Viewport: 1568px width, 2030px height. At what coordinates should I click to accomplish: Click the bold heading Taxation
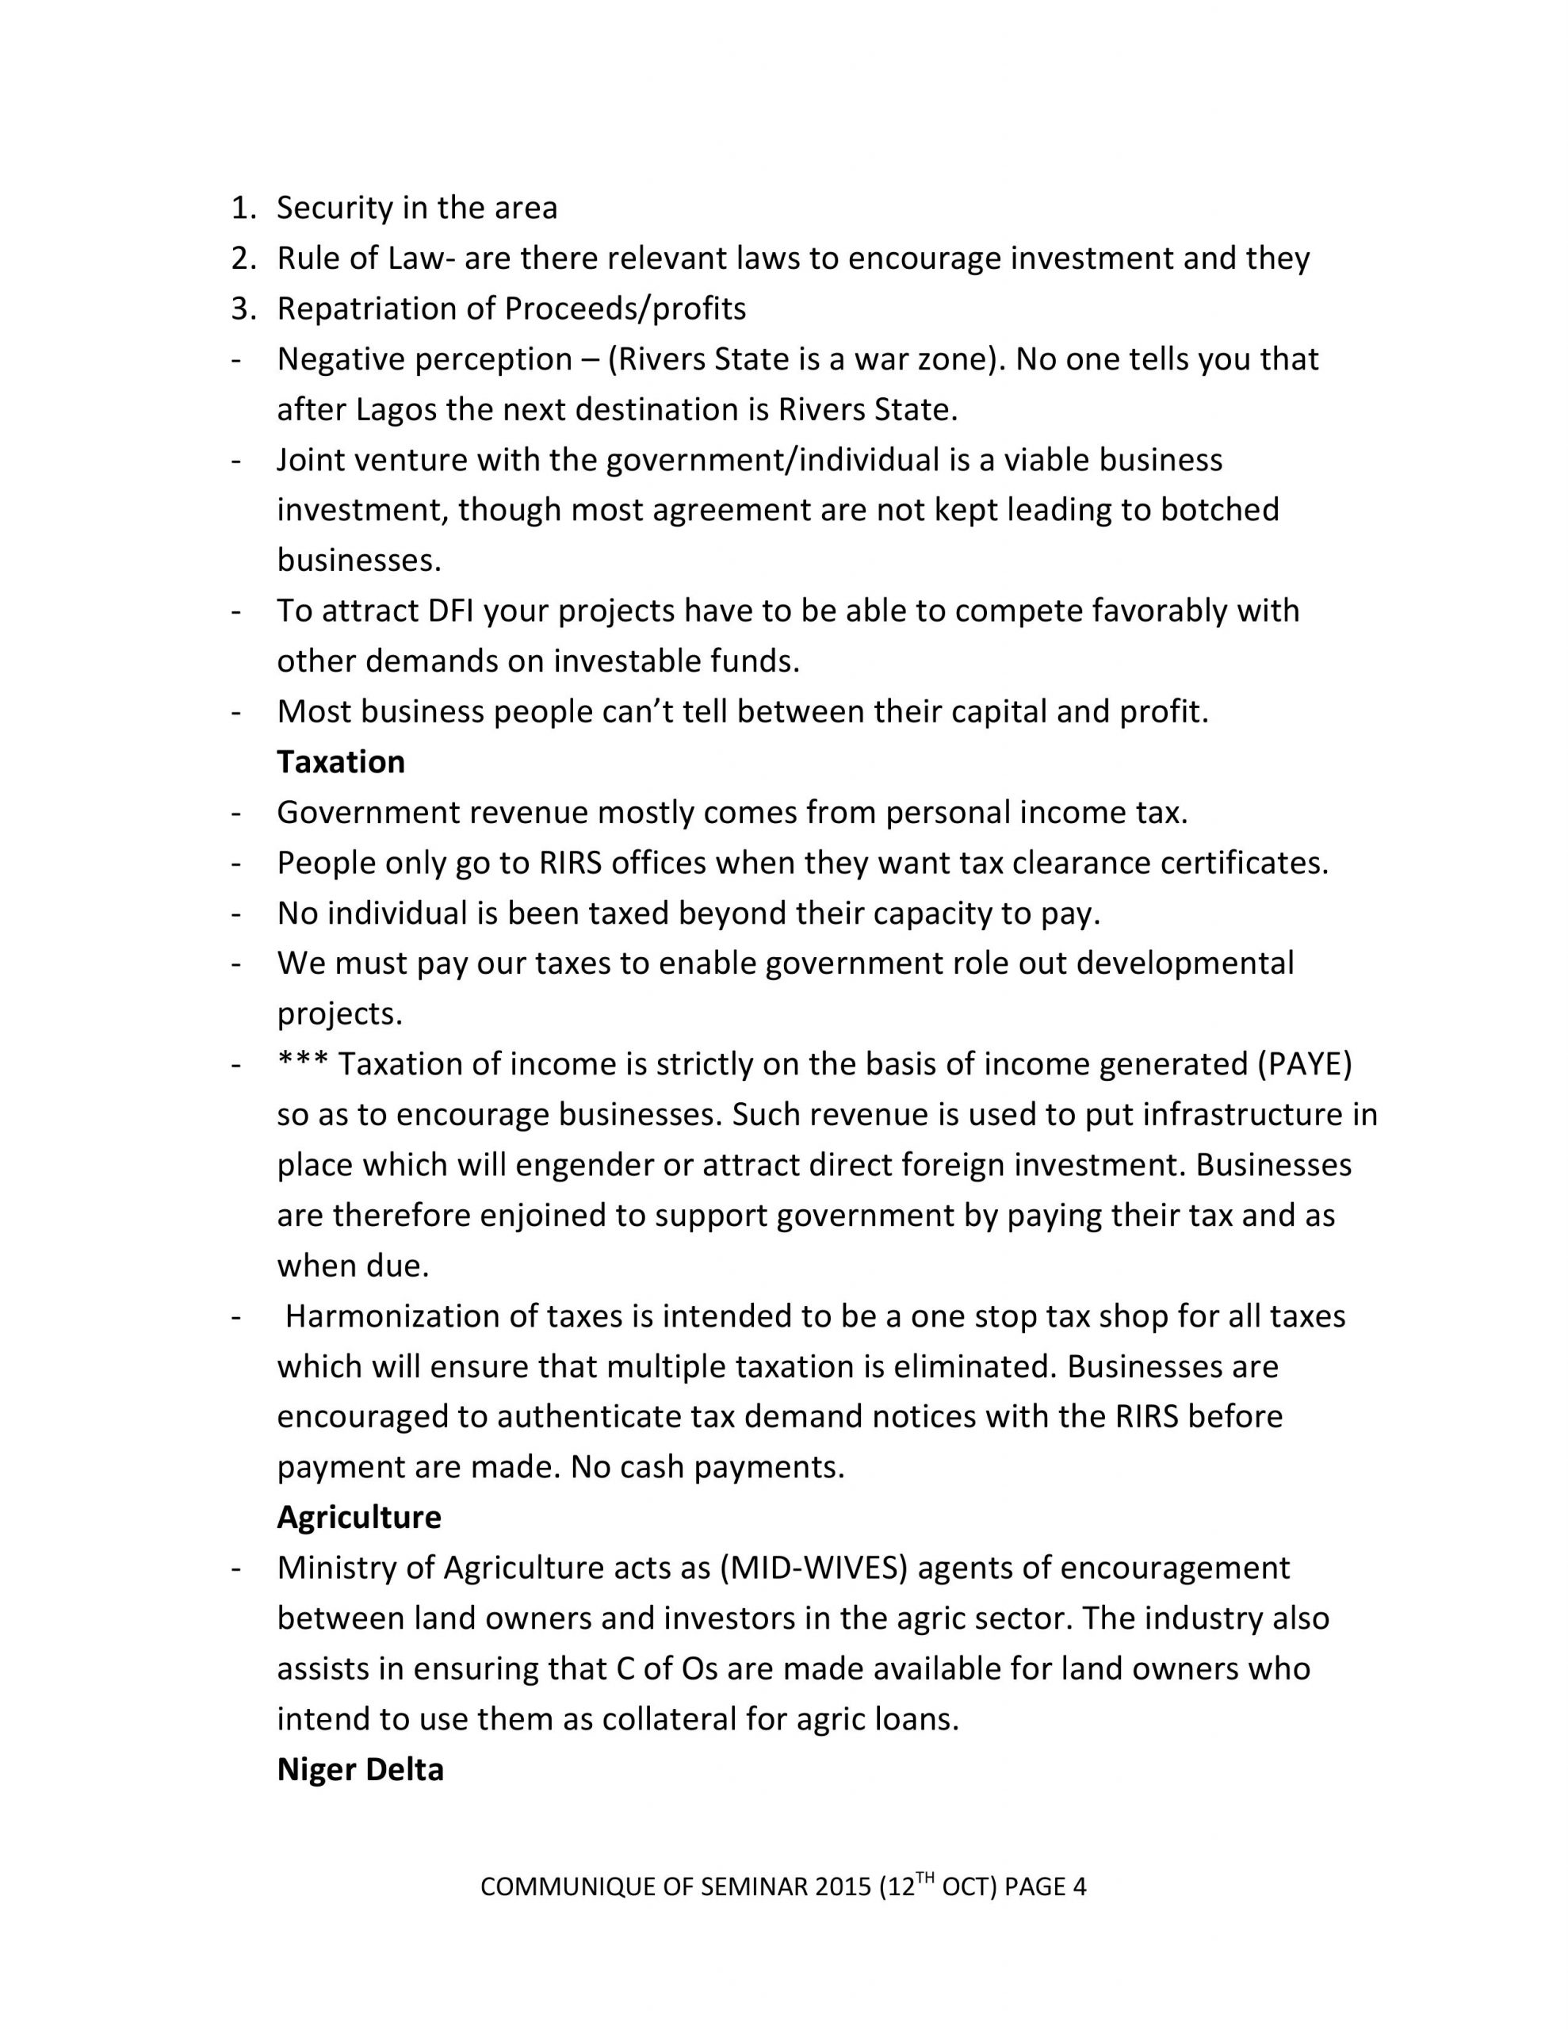tap(340, 762)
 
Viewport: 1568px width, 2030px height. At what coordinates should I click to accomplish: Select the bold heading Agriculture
tap(359, 1517)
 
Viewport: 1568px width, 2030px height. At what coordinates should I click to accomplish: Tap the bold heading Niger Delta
tap(360, 1769)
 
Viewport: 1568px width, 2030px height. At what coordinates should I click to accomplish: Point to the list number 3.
tap(242, 308)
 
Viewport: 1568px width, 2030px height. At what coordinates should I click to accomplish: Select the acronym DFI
tap(452, 611)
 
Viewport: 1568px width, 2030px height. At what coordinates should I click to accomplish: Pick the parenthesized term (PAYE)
tap(1304, 1064)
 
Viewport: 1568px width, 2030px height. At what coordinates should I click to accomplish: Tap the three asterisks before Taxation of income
tap(303, 1063)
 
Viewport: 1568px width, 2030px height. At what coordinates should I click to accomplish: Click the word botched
tap(1219, 511)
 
